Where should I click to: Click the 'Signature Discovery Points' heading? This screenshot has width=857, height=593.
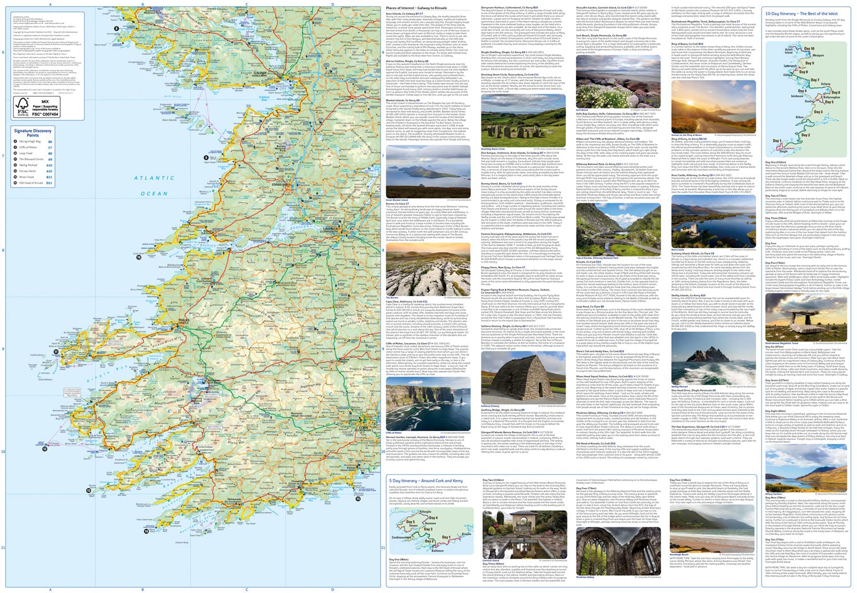click(33, 133)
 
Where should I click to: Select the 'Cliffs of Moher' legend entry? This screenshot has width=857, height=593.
click(28, 147)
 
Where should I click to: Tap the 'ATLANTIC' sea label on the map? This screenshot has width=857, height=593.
click(154, 178)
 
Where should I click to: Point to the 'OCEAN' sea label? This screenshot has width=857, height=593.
click(154, 193)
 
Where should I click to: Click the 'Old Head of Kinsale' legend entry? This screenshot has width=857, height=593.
click(31, 183)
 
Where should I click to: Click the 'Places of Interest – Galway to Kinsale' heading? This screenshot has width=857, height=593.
click(416, 9)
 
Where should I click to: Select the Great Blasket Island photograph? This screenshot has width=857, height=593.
click(428, 171)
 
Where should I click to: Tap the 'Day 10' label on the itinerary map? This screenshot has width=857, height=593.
click(809, 49)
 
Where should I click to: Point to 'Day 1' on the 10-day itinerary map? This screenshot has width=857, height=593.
click(777, 140)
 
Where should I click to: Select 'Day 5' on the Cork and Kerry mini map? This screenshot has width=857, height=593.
click(410, 522)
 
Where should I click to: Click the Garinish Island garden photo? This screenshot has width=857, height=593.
click(524, 533)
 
